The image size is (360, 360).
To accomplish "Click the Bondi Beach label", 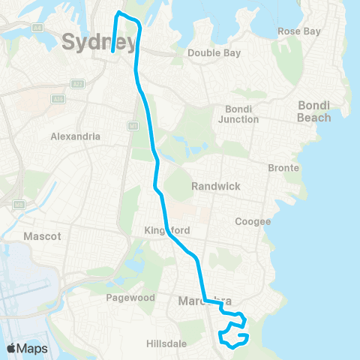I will coord(313,112).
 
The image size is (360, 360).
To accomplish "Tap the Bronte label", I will coord(284,168).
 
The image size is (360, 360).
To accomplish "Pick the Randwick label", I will coord(214,186).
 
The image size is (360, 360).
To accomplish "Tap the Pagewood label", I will coord(131,298).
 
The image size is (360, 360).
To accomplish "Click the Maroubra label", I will coord(198,301).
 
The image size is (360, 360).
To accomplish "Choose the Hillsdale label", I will coord(166,343).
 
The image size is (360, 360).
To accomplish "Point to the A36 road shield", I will coord(57,97).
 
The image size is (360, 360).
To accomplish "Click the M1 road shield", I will coord(132,125).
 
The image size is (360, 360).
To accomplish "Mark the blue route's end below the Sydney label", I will coord(112,52).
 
